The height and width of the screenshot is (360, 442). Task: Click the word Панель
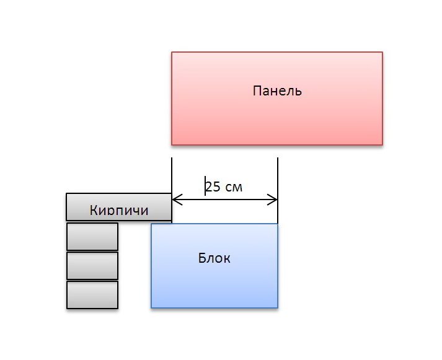click(x=277, y=90)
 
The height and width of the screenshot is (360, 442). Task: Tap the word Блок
click(x=214, y=258)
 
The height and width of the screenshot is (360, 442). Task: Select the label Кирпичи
click(x=118, y=210)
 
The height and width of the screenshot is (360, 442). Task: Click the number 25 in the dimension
click(x=213, y=187)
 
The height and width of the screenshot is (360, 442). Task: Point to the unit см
click(x=234, y=188)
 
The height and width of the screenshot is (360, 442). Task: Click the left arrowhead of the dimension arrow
click(x=177, y=200)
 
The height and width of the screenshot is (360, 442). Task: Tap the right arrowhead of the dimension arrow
click(x=272, y=200)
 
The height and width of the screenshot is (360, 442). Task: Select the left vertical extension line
click(x=172, y=190)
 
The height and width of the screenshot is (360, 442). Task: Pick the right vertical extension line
click(x=278, y=191)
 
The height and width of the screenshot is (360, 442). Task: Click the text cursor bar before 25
click(x=205, y=186)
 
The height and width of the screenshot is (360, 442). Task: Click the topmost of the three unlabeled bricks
click(x=92, y=237)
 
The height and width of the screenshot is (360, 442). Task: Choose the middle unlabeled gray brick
click(x=92, y=266)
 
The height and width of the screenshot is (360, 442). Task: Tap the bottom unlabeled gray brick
click(x=92, y=295)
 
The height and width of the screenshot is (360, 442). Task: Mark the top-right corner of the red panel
click(x=382, y=52)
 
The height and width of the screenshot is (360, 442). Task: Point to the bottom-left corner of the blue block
click(x=151, y=307)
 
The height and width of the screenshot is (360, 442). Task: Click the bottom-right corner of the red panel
click(x=382, y=145)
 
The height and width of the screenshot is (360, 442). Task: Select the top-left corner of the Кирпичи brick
click(x=66, y=193)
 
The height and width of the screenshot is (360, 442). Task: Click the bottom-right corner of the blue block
click(x=278, y=307)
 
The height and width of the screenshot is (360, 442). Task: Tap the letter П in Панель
click(x=257, y=90)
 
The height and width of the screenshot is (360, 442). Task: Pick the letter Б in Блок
click(x=202, y=258)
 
